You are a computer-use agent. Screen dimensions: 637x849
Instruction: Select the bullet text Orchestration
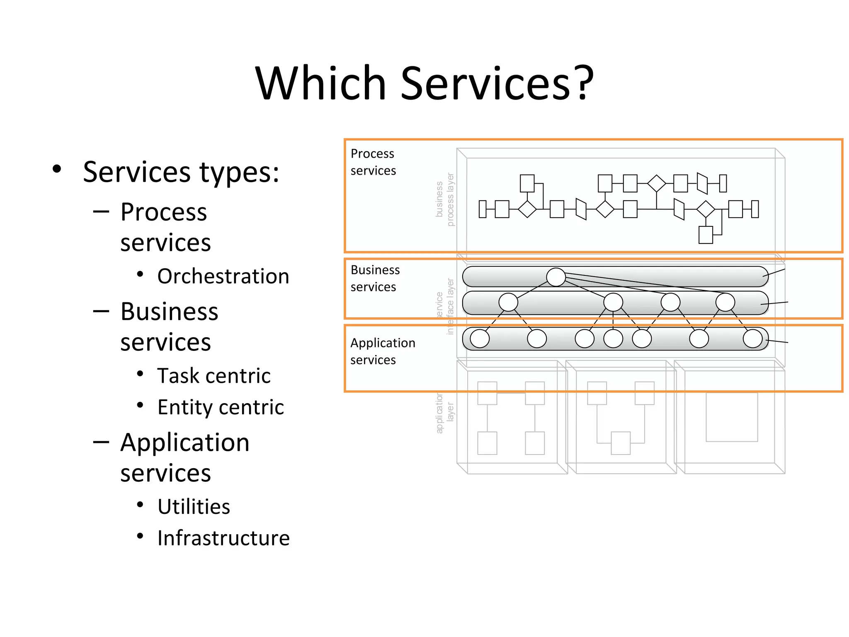pos(223,276)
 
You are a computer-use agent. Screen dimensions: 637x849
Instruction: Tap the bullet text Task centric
pos(214,376)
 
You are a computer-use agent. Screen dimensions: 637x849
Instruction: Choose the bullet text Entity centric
pos(221,407)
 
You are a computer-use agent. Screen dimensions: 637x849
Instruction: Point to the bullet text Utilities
pos(194,507)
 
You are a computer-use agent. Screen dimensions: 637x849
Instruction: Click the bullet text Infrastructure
pos(223,538)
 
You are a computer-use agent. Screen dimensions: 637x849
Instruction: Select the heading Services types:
pos(181,172)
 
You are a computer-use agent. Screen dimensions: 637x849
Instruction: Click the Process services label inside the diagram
pos(373,162)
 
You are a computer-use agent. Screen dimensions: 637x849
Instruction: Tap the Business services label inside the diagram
pos(375,278)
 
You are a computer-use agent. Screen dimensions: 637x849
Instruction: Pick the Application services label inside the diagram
pos(382,351)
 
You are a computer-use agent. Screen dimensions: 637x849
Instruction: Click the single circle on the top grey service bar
pos(556,277)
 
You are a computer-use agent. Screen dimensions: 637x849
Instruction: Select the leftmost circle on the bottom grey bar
pos(480,338)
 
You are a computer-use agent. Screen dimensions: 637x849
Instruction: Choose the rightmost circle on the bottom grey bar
pos(752,338)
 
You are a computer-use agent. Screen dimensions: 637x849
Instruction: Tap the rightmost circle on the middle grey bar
pos(725,302)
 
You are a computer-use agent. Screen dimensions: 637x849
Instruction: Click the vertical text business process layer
pos(445,199)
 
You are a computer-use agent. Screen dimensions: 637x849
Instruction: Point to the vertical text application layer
pos(445,413)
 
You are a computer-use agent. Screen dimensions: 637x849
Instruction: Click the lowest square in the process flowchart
pos(706,235)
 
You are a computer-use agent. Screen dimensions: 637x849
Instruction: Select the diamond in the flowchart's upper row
pos(656,183)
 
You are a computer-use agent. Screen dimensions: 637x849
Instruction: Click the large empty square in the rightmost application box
pos(732,417)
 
